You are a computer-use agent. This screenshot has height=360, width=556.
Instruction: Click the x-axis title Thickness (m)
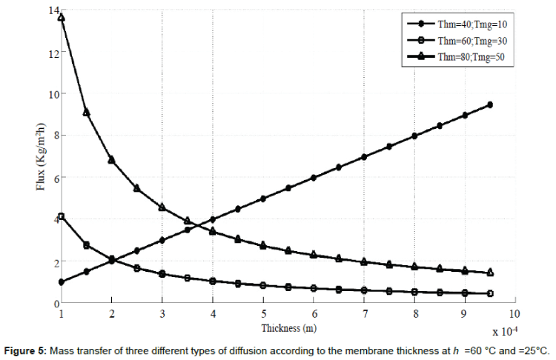coord(286,327)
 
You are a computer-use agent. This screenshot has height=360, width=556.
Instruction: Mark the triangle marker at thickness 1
coord(62,18)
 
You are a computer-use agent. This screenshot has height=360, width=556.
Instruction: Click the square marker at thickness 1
coord(62,216)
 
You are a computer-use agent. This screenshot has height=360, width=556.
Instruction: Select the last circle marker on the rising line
coord(490,105)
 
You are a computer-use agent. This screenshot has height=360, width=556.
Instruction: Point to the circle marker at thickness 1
coord(62,282)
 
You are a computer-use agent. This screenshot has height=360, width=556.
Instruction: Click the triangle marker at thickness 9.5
coord(490,273)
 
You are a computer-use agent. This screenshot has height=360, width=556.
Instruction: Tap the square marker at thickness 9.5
coord(490,294)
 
